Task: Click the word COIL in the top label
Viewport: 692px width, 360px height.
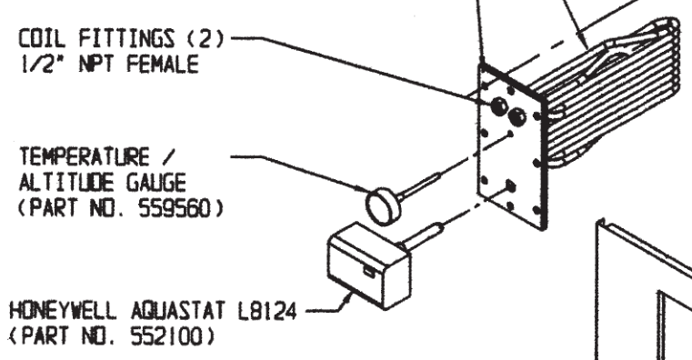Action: pyautogui.click(x=42, y=38)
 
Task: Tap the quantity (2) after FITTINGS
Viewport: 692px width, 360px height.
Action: pyautogui.click(x=206, y=38)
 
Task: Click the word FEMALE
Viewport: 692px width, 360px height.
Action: pyautogui.click(x=163, y=64)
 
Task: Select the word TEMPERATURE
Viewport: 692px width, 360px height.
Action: pyautogui.click(x=85, y=156)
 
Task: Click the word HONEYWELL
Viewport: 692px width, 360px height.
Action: pyautogui.click(x=63, y=311)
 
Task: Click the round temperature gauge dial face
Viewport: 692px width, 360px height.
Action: pyautogui.click(x=383, y=206)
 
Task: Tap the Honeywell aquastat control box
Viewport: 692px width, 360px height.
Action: pyautogui.click(x=369, y=265)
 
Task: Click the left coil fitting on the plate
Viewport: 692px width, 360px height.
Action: pyautogui.click(x=499, y=106)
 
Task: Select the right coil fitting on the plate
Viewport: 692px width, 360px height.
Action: pyautogui.click(x=516, y=117)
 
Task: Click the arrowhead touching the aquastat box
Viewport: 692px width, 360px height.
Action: pyautogui.click(x=348, y=297)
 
